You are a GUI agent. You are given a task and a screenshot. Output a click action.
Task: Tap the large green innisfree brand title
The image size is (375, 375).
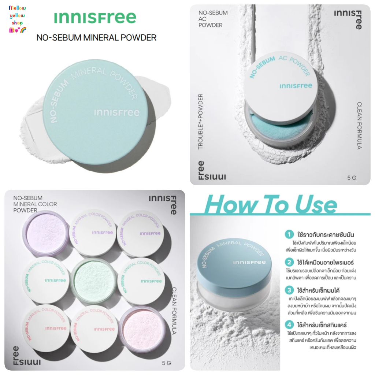click(95, 18)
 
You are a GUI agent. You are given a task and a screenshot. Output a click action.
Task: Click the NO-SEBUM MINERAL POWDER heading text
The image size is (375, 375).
click(97, 37)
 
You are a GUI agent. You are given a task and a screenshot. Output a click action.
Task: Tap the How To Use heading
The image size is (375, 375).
click(271, 205)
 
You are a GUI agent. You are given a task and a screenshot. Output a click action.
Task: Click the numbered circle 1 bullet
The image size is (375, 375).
click(289, 234)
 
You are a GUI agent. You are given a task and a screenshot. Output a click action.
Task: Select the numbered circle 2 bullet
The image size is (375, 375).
click(289, 262)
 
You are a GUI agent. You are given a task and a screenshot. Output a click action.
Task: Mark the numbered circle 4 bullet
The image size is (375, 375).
click(289, 325)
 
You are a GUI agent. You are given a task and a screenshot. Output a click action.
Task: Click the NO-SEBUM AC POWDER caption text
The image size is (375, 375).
click(213, 19)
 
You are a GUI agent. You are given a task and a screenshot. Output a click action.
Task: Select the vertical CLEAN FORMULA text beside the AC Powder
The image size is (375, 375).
click(359, 125)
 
